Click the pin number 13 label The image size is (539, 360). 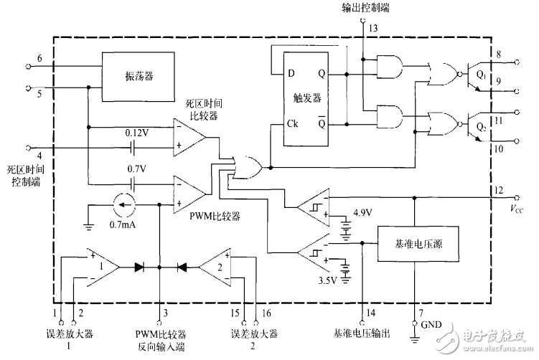[x=373, y=29]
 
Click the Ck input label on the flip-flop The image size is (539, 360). [x=293, y=123]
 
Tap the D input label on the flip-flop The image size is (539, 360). [x=291, y=73]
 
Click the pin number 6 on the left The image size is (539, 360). [x=40, y=58]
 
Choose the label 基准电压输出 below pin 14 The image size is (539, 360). [x=362, y=334]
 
